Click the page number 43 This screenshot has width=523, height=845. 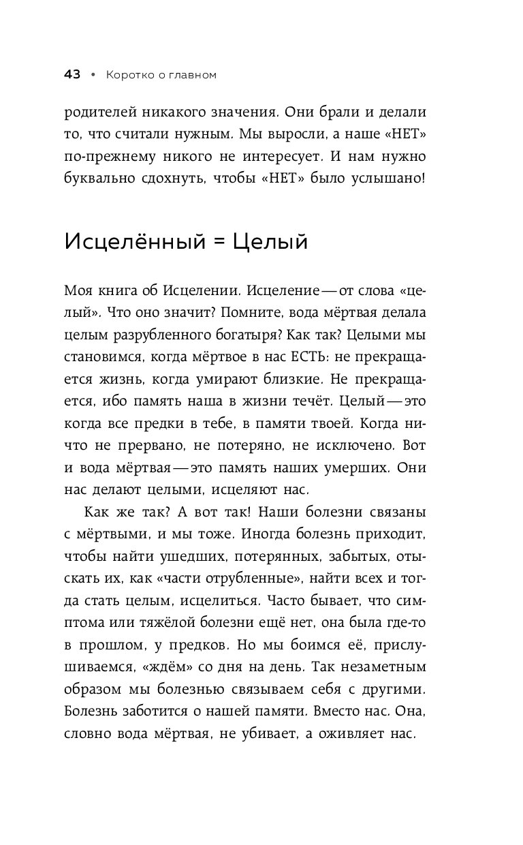pos(73,75)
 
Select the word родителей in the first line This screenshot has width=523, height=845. pos(101,114)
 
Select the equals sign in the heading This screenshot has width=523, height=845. pos(219,243)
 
